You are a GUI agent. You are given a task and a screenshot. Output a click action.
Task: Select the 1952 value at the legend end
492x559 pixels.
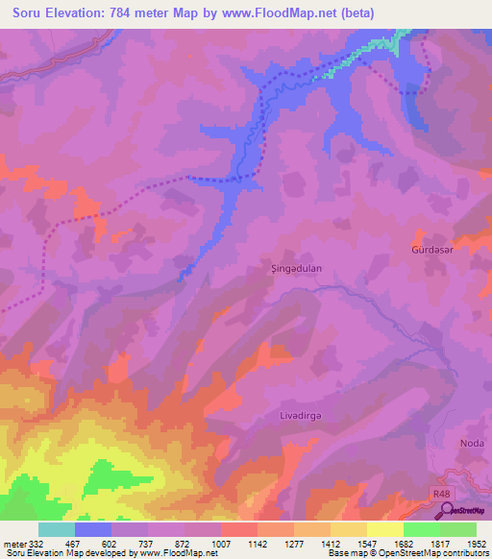point(478,543)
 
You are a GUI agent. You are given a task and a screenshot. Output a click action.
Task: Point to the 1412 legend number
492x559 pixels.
point(331,543)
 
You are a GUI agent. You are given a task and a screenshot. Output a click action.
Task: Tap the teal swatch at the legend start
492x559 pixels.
point(57,529)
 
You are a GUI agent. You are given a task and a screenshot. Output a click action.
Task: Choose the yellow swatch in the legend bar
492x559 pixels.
point(384,529)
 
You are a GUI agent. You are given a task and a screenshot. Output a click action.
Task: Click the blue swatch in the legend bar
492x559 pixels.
point(93,529)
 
